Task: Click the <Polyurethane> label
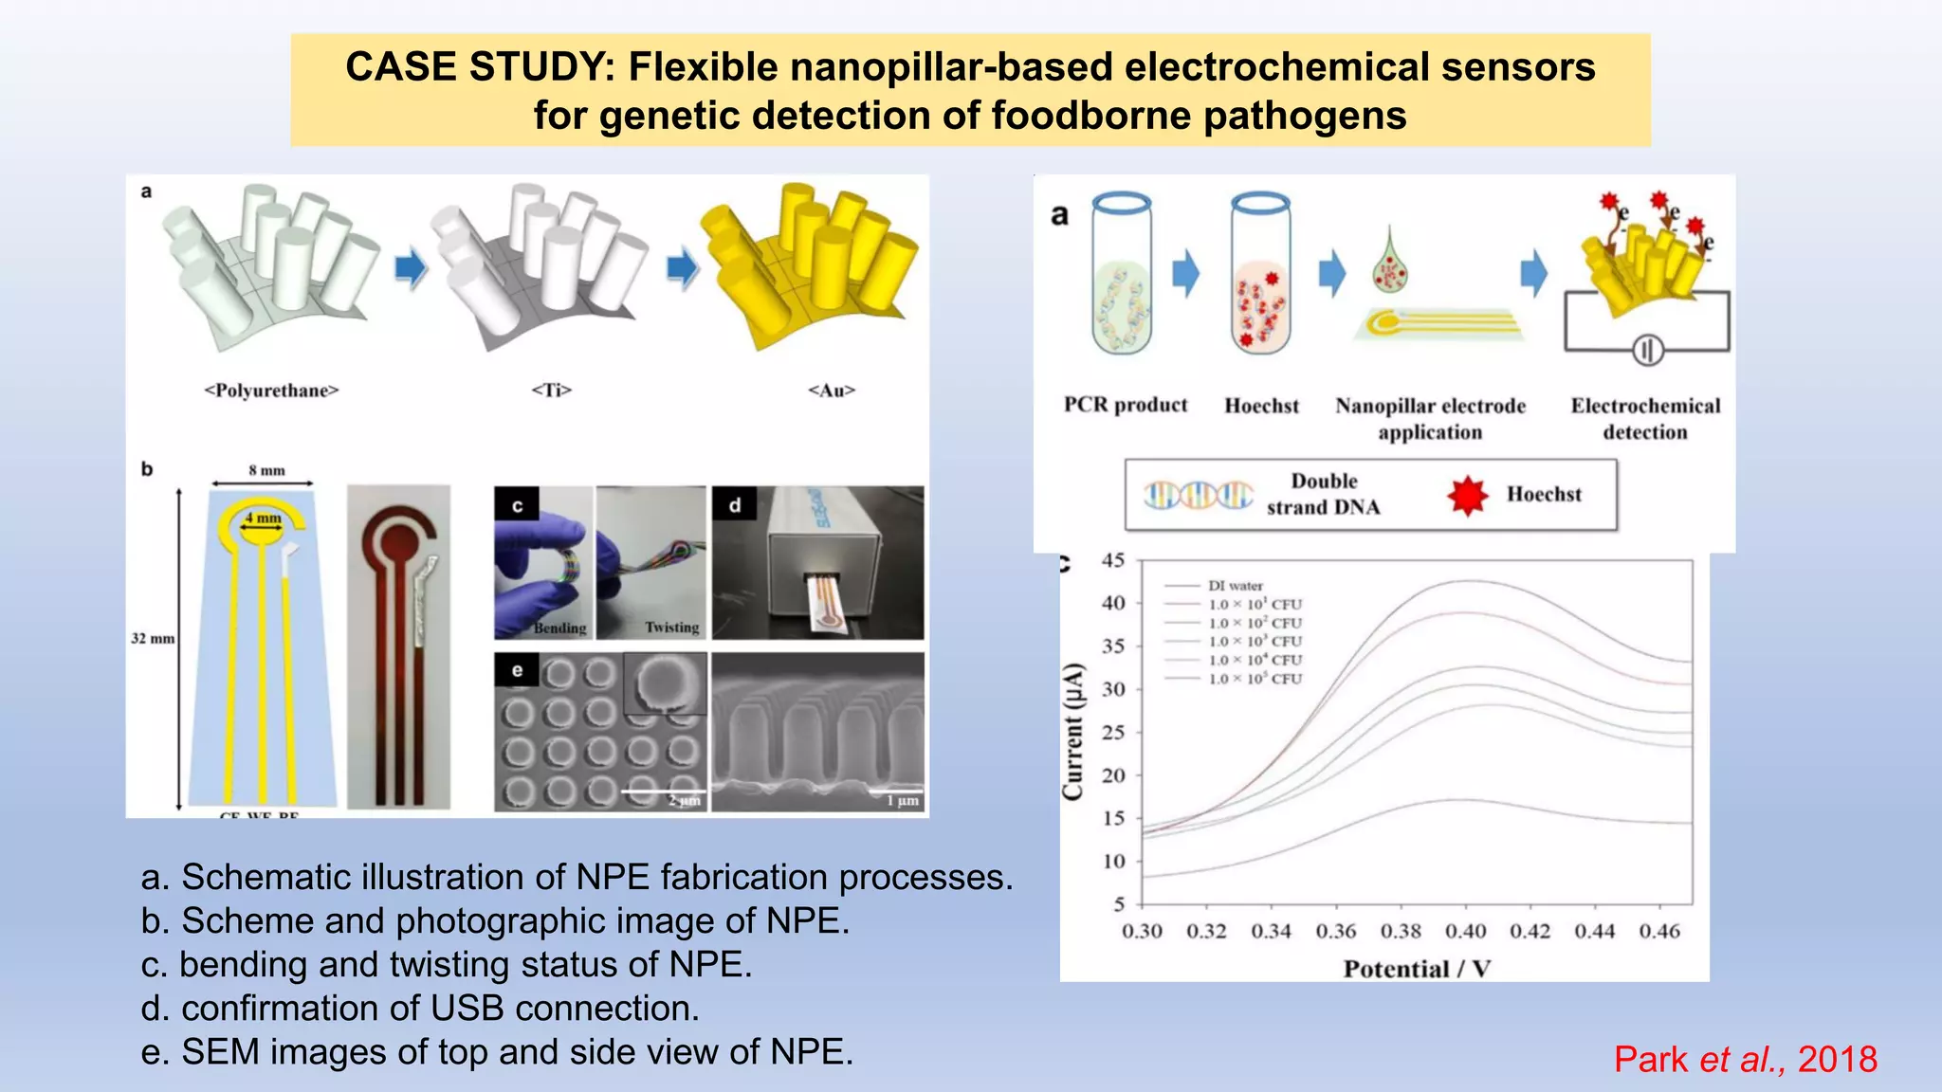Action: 271,391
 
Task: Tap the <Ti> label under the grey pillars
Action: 551,391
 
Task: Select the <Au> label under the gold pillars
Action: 832,391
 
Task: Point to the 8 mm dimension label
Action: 266,470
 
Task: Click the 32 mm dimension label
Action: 153,638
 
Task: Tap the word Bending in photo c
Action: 559,628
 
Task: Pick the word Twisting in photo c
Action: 671,628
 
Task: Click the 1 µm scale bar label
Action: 903,801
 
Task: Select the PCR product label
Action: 1126,405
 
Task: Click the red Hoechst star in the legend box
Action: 1467,496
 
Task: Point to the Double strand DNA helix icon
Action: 1199,495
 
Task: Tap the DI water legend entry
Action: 1235,586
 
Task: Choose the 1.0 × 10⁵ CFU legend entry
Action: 1255,679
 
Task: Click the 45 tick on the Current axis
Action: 1113,560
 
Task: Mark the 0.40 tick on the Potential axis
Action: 1465,932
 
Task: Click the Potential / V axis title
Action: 1417,969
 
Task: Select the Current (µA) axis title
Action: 1072,732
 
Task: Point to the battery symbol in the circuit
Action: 1647,351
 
